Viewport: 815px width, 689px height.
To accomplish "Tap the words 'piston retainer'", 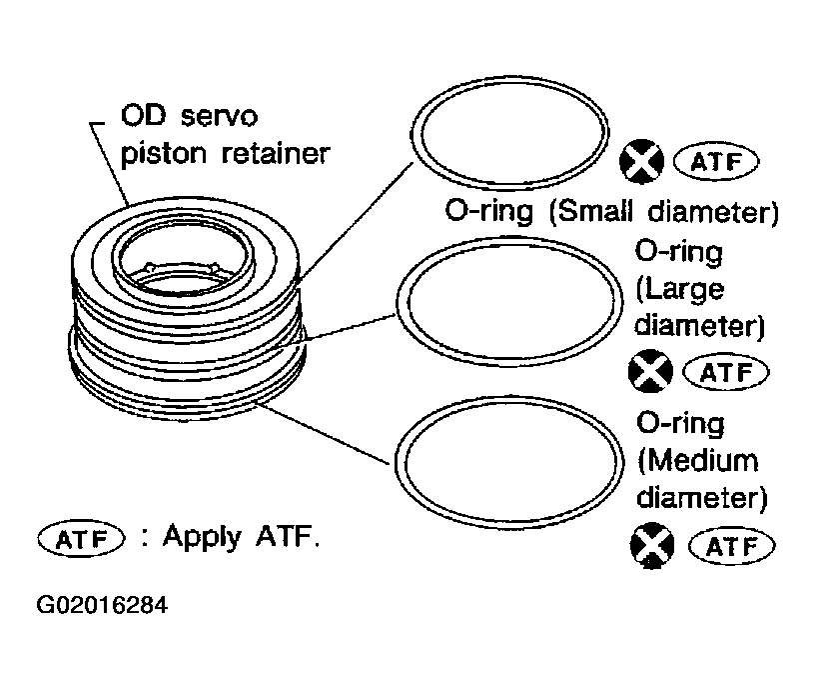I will click(224, 155).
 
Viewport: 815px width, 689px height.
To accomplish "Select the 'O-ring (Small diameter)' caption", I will click(610, 213).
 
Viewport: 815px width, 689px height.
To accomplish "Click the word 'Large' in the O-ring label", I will click(679, 289).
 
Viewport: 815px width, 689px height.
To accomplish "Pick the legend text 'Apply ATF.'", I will click(241, 537).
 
